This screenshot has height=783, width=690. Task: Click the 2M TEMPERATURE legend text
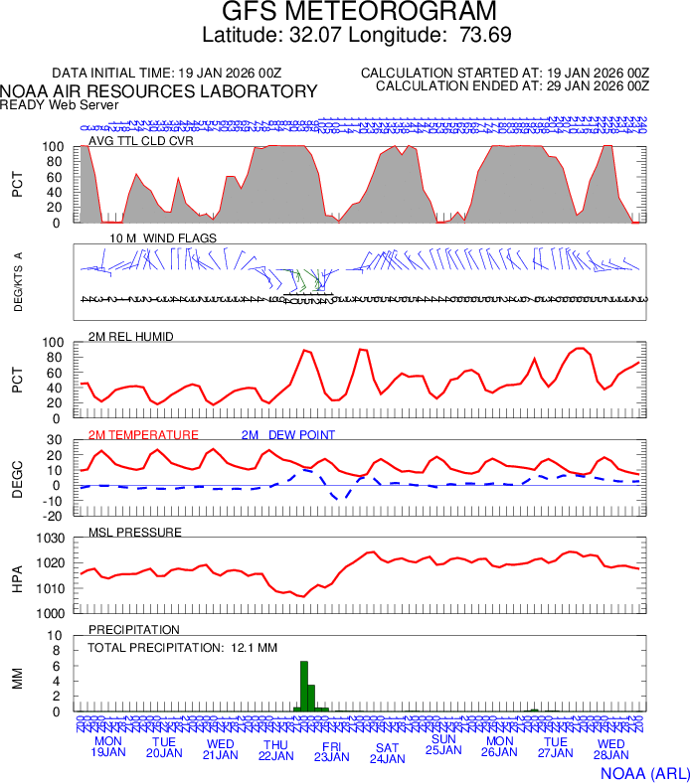(x=143, y=434)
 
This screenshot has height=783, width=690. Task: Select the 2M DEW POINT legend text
(x=287, y=434)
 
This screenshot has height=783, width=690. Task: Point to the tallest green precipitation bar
(x=304, y=686)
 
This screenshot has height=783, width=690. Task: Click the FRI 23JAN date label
(x=331, y=750)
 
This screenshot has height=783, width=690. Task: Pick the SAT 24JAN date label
(x=387, y=753)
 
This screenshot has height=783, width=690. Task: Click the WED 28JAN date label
(x=610, y=748)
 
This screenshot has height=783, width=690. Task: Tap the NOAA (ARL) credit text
(x=644, y=772)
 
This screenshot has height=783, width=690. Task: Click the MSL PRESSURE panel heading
(x=135, y=532)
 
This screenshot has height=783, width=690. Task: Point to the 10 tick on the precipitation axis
(x=57, y=636)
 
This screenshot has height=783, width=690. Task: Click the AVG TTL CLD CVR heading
(x=141, y=140)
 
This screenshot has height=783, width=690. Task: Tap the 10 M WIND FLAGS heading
(x=163, y=237)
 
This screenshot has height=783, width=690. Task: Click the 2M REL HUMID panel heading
(x=131, y=336)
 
